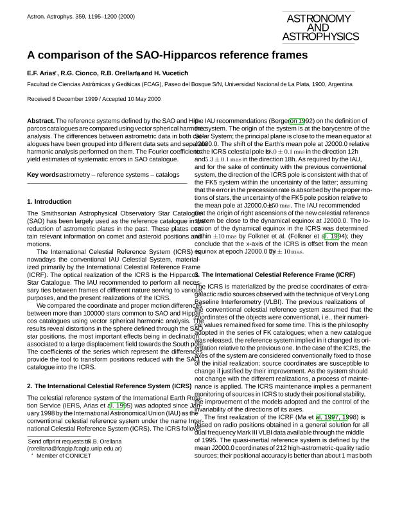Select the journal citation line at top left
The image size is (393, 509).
pyautogui.click(x=81, y=16)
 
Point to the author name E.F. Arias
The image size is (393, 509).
pyautogui.click(x=42, y=74)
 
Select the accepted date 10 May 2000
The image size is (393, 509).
pyautogui.click(x=139, y=99)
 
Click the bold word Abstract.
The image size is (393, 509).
pyautogui.click(x=40, y=121)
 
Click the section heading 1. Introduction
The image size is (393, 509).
pyautogui.click(x=49, y=202)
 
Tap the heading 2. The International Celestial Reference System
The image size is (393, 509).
pyautogui.click(x=109, y=386)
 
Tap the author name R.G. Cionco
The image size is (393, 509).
pyautogui.click(x=81, y=74)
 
